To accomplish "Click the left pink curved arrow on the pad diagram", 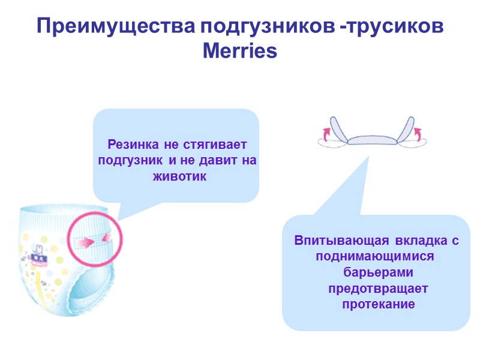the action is (326, 133).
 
